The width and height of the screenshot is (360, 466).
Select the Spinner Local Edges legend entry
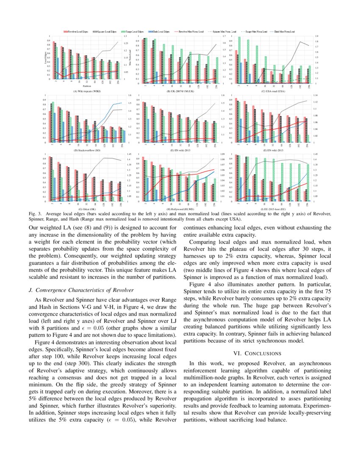coord(104,31)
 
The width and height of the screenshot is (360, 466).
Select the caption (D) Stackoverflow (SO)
coord(86,150)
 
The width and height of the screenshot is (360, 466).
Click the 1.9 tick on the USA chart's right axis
coord(316,37)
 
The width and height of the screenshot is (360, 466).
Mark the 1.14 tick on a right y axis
coord(315,96)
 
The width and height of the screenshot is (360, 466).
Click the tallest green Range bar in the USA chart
coord(239,60)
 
